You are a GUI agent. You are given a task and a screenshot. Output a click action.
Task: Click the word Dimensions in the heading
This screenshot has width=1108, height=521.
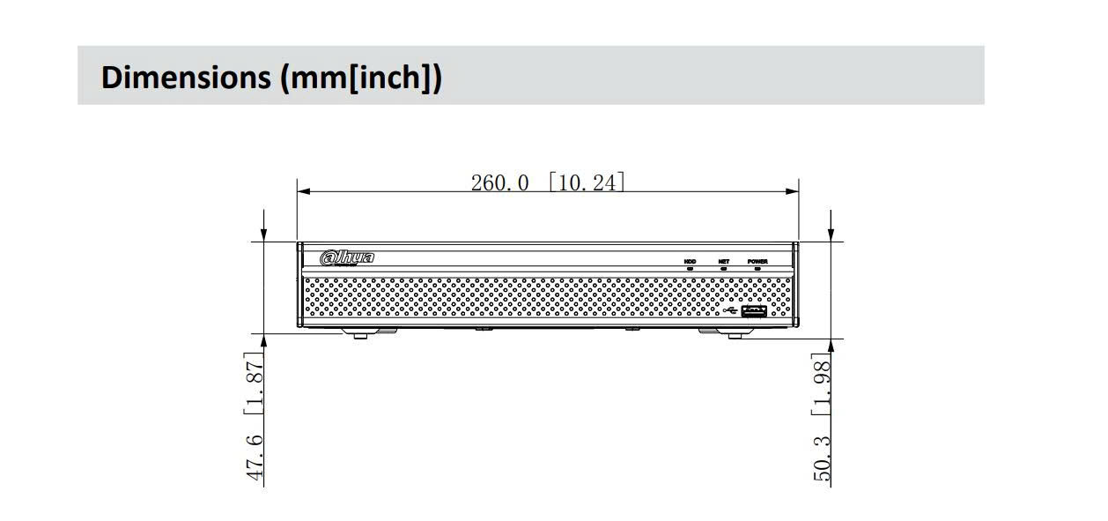[x=186, y=78]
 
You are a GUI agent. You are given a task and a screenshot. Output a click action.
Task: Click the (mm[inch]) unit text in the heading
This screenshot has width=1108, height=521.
[x=361, y=78]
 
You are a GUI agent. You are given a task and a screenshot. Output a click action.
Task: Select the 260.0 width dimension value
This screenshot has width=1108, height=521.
[x=499, y=183]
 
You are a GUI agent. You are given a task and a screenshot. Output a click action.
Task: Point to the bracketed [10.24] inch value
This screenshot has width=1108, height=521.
[x=587, y=182]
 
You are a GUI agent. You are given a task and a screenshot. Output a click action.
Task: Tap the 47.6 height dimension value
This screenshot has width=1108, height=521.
[x=255, y=458]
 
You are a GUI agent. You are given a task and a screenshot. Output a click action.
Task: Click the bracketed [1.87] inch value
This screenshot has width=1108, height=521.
[x=254, y=383]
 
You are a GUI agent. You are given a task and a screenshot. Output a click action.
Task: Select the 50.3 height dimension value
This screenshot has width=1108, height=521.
[x=822, y=458]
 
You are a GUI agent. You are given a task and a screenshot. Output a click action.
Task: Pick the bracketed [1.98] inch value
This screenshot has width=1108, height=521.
[x=821, y=383]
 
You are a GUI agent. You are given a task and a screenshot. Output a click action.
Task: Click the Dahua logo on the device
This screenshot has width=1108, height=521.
[x=347, y=258]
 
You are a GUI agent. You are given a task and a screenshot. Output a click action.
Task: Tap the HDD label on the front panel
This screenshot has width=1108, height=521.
[x=690, y=262]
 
